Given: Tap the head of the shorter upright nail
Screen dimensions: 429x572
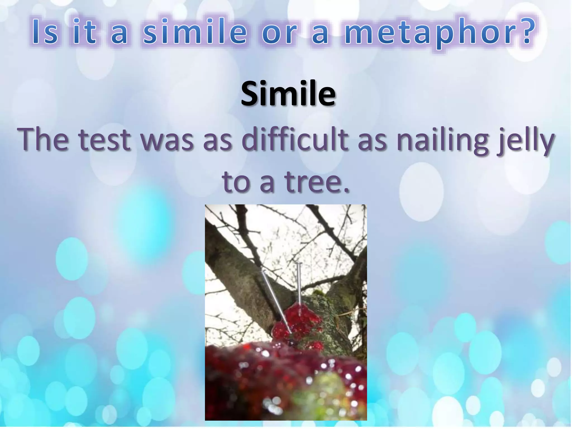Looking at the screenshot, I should point(298,264).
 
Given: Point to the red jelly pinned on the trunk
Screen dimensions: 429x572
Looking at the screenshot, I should point(297,325).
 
